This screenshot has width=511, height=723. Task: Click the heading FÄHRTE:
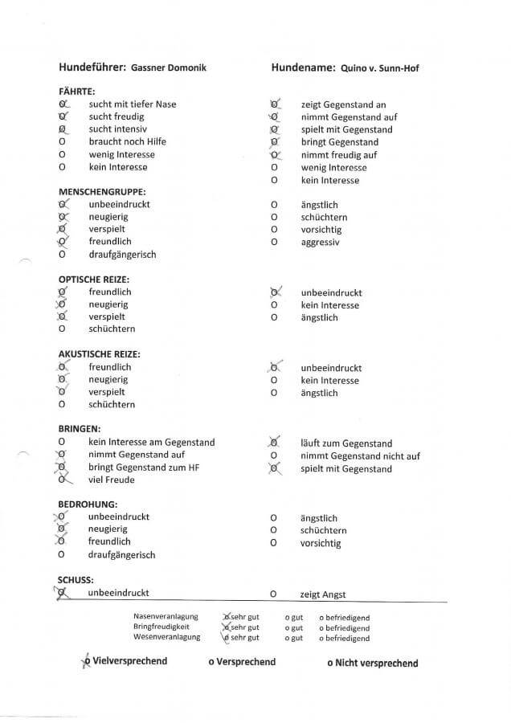pos(77,92)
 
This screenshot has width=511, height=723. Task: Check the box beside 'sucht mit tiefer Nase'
pos(63,104)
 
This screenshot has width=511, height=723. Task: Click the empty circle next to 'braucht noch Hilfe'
pos(62,142)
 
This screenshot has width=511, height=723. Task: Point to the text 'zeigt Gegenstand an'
pos(343,104)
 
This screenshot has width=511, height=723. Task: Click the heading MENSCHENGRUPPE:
pos(102,192)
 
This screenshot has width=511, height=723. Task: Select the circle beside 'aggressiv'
pos(274,242)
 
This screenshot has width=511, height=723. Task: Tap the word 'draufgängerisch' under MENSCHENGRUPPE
pos(122,255)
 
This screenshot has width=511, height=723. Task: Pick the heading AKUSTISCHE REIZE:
pos(100,354)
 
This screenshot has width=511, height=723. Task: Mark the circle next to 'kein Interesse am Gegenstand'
pos(62,443)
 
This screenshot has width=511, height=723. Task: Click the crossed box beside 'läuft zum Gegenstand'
pos(274,443)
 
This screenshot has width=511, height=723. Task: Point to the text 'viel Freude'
pos(112,480)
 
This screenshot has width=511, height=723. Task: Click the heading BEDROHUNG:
pos(84,504)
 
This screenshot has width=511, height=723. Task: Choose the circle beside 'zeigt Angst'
pos(274,595)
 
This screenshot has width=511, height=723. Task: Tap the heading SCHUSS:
pos(76,579)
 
